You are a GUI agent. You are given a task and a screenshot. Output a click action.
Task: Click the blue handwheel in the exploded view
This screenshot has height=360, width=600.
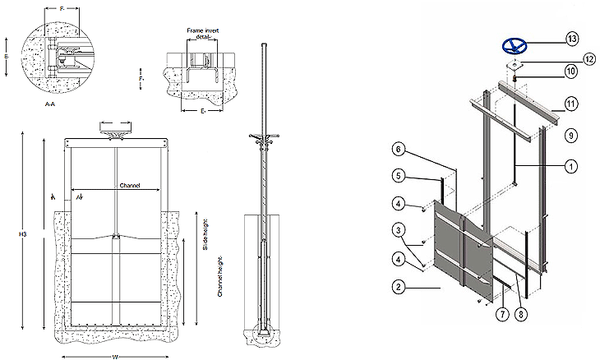click(x=514, y=45)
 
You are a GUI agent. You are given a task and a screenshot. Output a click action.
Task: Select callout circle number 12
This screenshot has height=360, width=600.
click(x=565, y=58)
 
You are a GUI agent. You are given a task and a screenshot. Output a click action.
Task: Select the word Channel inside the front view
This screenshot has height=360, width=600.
click(x=130, y=186)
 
